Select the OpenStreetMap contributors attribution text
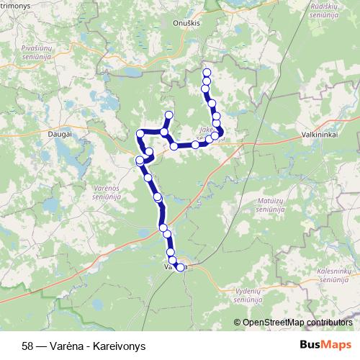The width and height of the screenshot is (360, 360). (296, 322)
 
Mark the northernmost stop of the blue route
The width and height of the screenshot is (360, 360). (207, 73)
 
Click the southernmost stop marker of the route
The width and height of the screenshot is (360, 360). (180, 269)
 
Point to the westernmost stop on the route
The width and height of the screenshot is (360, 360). (139, 161)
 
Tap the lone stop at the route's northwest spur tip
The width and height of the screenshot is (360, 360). (169, 115)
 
